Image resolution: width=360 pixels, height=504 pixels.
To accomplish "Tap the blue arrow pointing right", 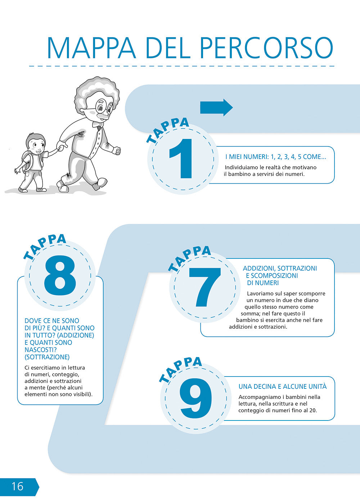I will pos(216,107).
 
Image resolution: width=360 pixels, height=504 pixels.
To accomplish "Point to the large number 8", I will pos(60,276).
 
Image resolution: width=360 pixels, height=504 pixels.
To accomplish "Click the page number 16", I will pos(17,486).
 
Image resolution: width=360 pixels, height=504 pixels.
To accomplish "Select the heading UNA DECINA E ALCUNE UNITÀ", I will pos(283,387).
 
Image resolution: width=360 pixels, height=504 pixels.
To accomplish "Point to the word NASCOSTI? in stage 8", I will pos(41,350).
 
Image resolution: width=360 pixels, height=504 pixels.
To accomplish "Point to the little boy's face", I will pos(37,146).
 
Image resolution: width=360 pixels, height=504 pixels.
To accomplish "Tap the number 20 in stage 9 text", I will pos(312,410).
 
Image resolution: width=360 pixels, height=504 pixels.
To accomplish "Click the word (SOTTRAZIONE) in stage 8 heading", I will pos(47,357).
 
